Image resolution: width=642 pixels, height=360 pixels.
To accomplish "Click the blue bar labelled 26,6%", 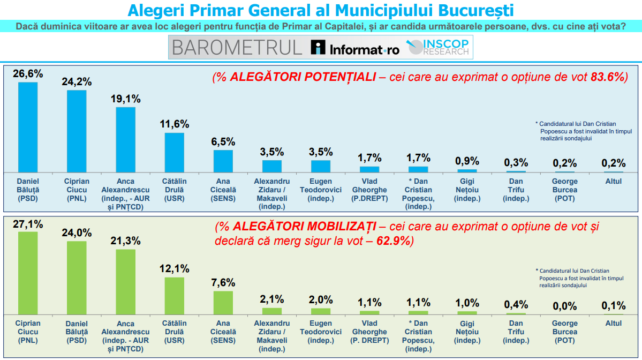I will [x=28, y=127].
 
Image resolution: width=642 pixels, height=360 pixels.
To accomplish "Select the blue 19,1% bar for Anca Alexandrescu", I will [x=126, y=139].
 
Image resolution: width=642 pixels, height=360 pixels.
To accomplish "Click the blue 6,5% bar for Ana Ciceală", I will [x=223, y=161].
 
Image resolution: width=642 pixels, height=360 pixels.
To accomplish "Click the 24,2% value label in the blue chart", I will [x=77, y=82].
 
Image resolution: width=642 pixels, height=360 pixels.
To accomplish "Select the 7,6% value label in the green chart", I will [x=223, y=283].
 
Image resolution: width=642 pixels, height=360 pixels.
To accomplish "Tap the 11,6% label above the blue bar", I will [x=175, y=124].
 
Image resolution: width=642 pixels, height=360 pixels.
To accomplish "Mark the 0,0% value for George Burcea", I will [x=564, y=306].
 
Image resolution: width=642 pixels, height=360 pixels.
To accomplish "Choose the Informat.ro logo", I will [x=356, y=48].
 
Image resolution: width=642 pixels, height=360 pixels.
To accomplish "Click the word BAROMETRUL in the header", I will [x=237, y=48].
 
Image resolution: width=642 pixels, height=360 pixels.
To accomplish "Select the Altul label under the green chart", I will [x=613, y=324].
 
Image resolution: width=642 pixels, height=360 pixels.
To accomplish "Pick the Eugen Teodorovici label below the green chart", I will [x=321, y=327].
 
